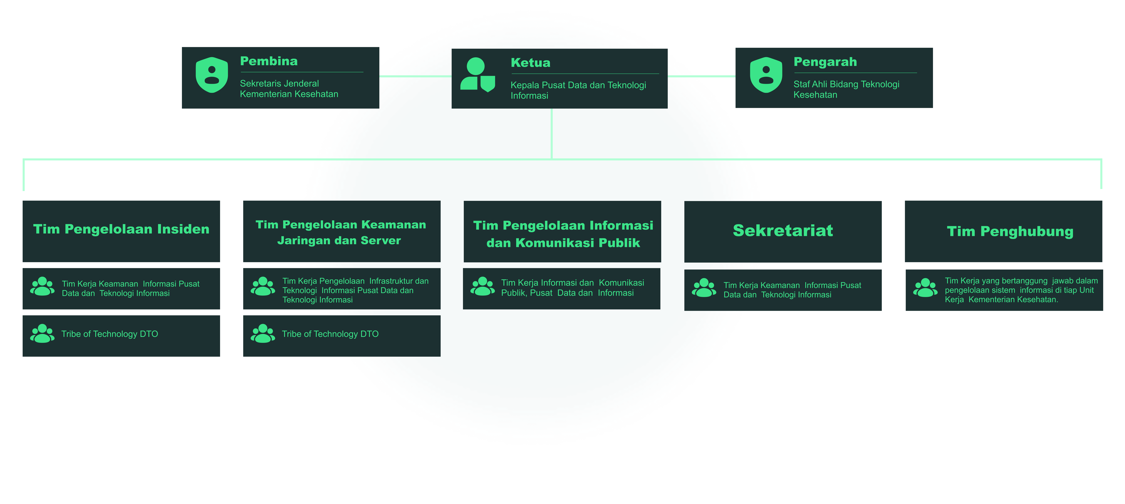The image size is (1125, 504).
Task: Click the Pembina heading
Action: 269,61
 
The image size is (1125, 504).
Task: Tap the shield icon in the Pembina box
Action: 211,75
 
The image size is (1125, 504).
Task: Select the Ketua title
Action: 530,63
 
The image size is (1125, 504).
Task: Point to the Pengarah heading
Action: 825,62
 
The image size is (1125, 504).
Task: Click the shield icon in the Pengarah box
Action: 766,75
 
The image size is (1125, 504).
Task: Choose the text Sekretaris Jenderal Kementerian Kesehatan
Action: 289,89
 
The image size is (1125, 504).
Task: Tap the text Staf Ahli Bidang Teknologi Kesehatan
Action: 846,89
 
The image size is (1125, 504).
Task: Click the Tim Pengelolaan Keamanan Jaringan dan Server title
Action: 341,233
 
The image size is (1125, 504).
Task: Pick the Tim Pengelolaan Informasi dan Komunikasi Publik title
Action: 563,234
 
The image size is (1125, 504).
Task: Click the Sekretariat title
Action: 783,230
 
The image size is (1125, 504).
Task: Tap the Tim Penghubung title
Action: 1010,231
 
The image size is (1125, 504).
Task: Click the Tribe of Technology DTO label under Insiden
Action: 110,334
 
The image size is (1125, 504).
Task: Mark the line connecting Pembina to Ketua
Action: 415,76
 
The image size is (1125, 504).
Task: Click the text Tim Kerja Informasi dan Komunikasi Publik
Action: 572,288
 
